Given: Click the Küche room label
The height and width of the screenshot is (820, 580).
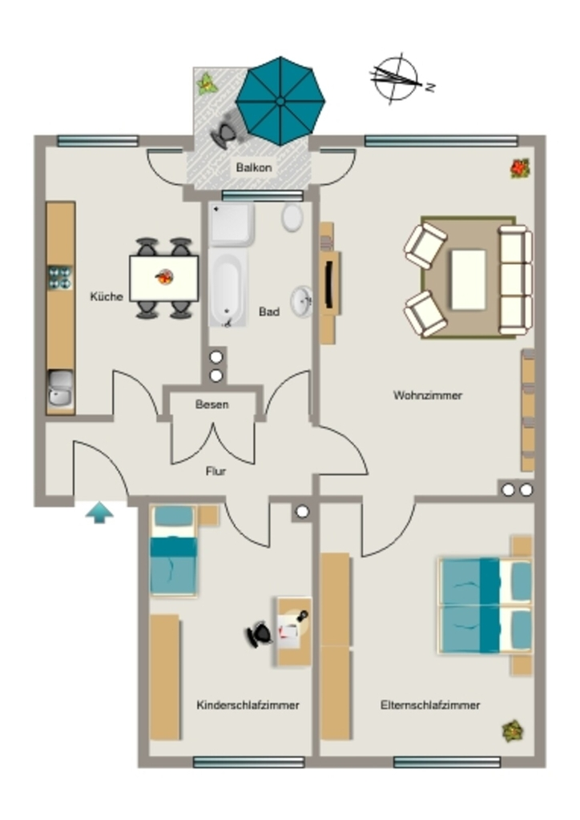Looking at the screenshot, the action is point(107,296).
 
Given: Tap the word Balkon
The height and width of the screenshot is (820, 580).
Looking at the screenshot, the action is point(254,168).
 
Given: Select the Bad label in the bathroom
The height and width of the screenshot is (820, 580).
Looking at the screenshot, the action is point(269,312).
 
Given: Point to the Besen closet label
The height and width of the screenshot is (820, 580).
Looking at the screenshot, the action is point(211,404).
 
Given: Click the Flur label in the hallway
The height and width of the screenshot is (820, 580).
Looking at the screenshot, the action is point(215,471).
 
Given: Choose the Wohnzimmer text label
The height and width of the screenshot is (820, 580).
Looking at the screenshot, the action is point(428,396).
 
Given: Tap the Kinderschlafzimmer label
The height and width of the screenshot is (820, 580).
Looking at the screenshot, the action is point(248,705).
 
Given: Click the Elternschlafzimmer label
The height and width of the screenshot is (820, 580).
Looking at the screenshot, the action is point(430,705).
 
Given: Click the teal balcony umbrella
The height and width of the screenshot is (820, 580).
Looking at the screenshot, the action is point(280,101).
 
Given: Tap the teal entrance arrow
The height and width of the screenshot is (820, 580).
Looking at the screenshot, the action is point(99,513).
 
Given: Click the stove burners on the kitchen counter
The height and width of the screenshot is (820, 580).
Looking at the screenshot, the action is point(60,278).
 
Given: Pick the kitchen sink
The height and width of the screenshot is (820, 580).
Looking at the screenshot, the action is point(61,388).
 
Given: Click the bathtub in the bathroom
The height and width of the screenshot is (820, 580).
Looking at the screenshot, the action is point(228,287).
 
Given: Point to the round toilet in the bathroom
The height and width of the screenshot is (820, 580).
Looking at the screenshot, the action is point(292,217).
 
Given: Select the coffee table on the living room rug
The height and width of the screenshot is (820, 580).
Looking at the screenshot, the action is point(468,279).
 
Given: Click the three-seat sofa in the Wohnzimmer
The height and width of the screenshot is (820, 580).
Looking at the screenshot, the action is point(515,279).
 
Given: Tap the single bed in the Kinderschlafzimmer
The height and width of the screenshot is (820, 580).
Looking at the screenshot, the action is point(174,550).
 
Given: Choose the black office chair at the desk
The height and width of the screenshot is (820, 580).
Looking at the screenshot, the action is point(259,634).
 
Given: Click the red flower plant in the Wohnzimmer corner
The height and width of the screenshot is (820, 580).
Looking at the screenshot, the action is point(520,168).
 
